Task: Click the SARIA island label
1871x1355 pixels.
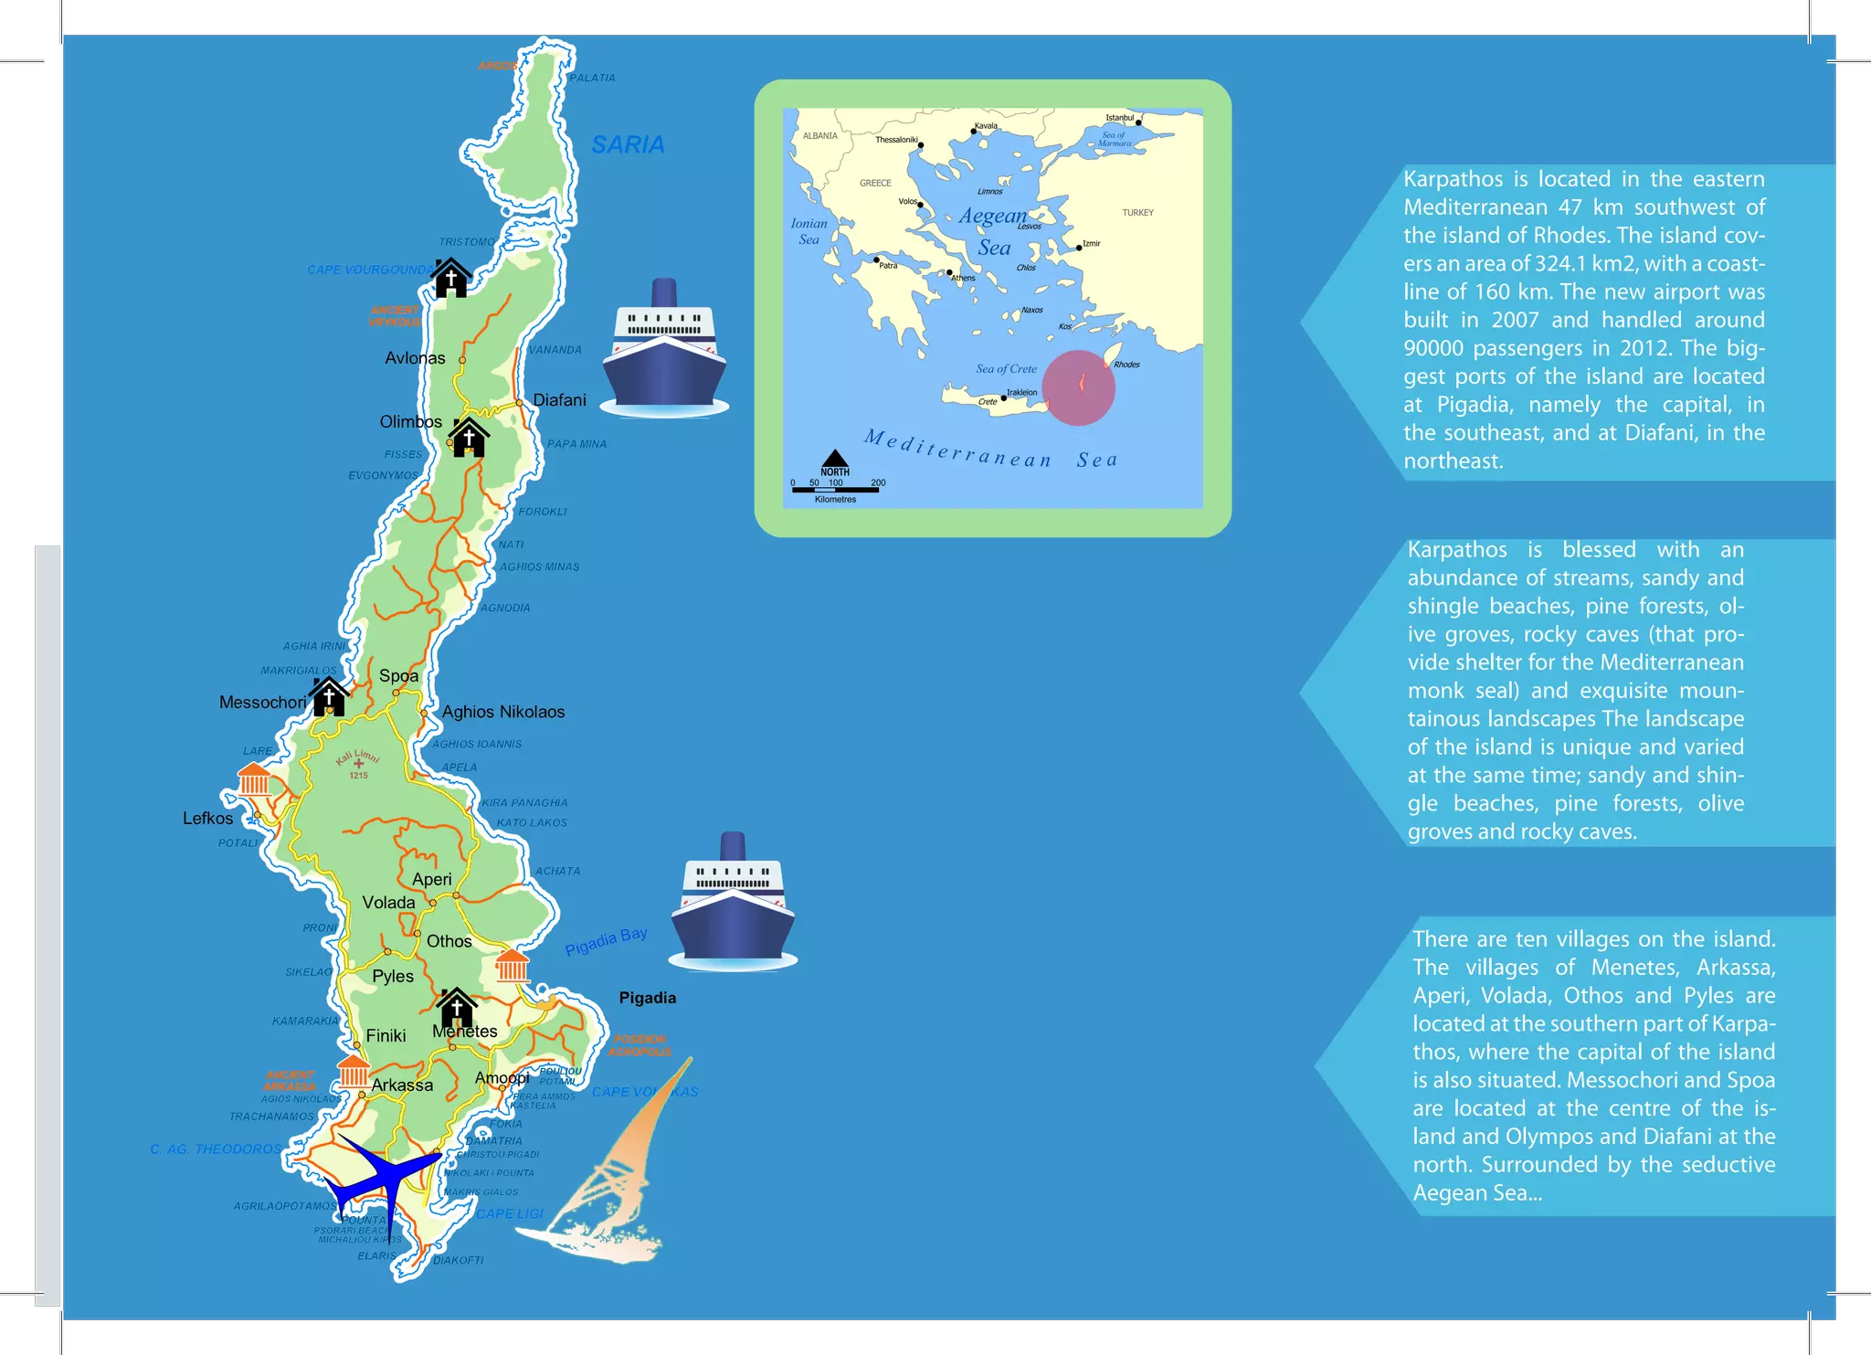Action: point(628,145)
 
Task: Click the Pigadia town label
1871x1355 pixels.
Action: point(647,998)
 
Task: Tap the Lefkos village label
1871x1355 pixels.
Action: point(207,819)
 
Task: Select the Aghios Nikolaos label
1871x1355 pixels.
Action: point(503,712)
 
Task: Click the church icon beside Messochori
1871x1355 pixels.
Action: point(329,697)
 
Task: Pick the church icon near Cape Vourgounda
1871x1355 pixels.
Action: point(451,279)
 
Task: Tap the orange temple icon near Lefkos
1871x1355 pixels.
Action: point(253,780)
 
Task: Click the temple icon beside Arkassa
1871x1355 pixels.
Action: point(353,1071)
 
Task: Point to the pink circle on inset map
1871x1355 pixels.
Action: point(1078,387)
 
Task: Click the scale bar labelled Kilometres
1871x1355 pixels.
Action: point(835,490)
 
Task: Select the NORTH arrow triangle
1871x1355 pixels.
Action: point(834,458)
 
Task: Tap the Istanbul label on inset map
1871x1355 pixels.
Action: point(1119,118)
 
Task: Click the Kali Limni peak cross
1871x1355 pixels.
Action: point(358,764)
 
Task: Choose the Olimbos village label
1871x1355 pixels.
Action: point(410,422)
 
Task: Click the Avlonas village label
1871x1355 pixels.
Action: point(415,358)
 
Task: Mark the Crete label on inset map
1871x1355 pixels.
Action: point(988,402)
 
